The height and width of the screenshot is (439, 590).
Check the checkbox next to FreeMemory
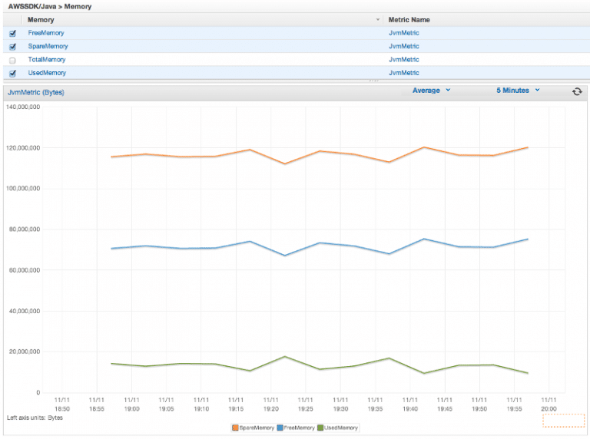pos(12,34)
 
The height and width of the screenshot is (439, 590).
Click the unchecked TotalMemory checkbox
pos(12,60)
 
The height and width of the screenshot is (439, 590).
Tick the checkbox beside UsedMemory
pos(12,74)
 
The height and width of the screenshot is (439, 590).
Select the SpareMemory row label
pos(47,46)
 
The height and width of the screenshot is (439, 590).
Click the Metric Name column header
pos(409,19)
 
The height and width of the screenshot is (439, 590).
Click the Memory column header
pos(41,19)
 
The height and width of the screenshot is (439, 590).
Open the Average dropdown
pos(431,91)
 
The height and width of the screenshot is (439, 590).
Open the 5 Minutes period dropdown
pos(517,91)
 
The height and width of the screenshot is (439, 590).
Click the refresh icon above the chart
pos(577,91)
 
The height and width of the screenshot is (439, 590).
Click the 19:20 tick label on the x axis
pos(270,404)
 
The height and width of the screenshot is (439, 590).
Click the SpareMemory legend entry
pos(255,427)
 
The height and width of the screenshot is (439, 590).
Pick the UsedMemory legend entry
pos(338,427)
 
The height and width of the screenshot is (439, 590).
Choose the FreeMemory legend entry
pos(297,427)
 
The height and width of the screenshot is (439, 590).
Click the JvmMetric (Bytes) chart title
pos(35,92)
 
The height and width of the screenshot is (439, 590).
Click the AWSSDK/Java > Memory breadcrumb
pos(49,6)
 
